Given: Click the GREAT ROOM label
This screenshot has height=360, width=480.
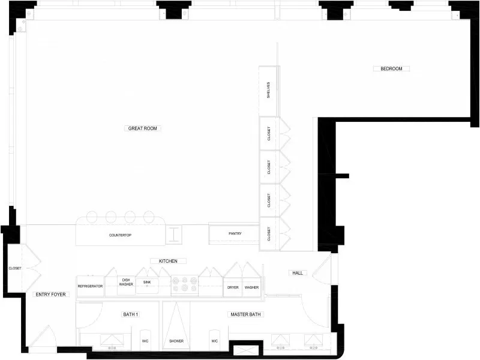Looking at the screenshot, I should click(144, 128).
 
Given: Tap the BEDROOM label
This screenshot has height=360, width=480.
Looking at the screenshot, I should click(391, 69).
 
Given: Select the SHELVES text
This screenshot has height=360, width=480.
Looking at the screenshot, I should click(269, 91).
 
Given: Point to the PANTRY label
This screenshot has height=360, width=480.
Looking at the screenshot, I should click(235, 233).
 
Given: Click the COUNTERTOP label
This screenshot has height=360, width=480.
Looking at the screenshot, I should click(120, 235).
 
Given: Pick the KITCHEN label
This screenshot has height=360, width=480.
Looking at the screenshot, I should click(168, 261).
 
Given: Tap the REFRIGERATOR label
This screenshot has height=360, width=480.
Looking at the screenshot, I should click(90, 287).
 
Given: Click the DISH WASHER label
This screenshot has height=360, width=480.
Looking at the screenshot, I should click(126, 282).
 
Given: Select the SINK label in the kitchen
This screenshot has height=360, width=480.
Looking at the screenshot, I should click(146, 281).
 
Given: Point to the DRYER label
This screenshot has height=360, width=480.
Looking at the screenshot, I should click(233, 287).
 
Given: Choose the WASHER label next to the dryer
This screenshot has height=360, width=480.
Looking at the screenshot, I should click(251, 287).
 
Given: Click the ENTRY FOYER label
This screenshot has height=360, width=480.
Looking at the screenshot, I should click(50, 295).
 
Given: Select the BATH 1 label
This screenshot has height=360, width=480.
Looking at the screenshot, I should click(130, 314).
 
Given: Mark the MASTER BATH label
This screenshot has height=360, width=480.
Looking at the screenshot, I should click(247, 314).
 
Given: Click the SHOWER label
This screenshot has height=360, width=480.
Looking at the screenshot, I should click(176, 341).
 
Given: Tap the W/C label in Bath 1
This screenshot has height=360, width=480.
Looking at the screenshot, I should click(145, 341).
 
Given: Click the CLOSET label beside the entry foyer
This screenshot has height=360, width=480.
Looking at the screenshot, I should click(15, 268).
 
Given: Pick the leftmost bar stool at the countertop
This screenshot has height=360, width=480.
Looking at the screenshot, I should click(94, 217).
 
